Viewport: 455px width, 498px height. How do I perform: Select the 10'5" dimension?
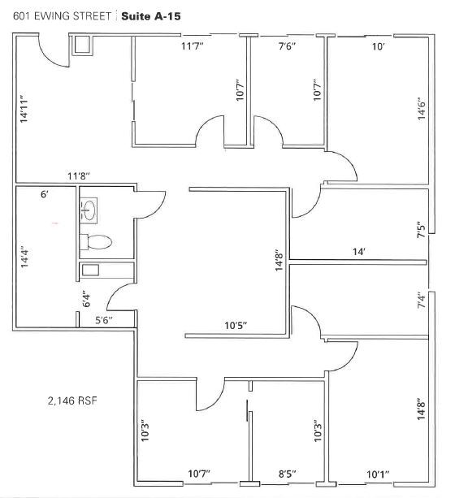[x=236, y=326]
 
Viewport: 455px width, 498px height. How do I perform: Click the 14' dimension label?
[x=358, y=253]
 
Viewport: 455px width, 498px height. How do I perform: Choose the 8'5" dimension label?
[x=288, y=473]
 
